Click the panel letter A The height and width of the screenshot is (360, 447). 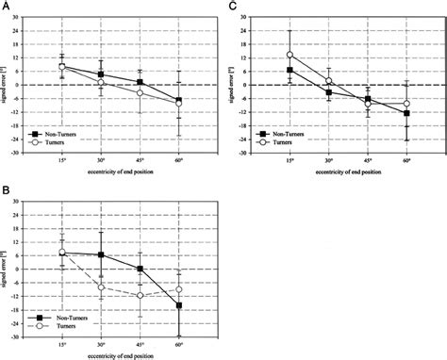5,7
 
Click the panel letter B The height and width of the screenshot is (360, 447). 5,191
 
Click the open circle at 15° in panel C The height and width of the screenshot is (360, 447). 290,55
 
